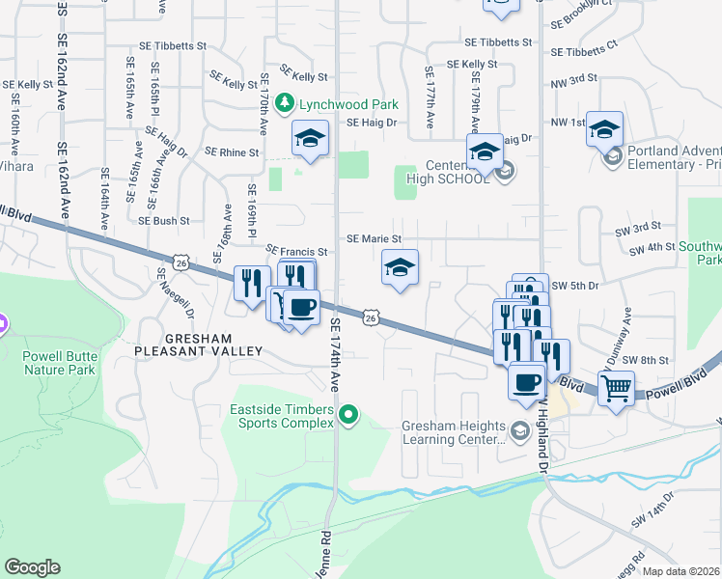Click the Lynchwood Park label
(337, 103)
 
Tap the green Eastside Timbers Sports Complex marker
(349, 416)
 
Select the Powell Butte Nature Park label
(59, 363)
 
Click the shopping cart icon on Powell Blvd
(615, 389)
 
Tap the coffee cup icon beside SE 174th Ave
(302, 308)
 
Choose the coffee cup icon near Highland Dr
(527, 381)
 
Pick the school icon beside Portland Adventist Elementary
(604, 128)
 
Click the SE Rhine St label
(232, 152)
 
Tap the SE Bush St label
(163, 220)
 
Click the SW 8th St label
(645, 360)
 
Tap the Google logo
(32, 567)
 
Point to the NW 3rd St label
(575, 77)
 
